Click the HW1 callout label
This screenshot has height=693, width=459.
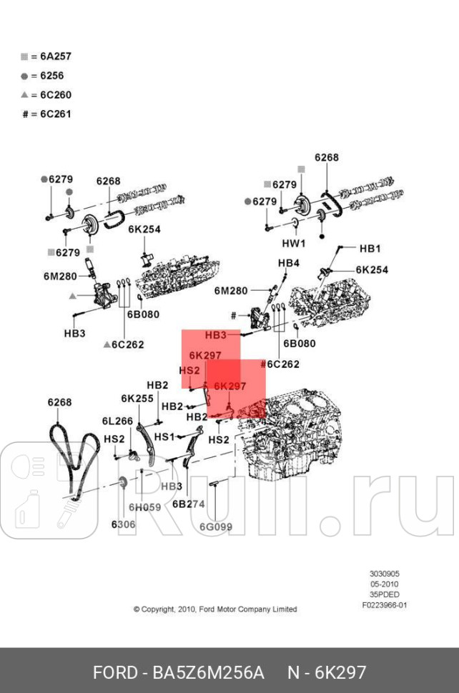tap(294, 244)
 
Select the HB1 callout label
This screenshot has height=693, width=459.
tap(370, 249)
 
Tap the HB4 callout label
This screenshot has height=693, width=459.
tap(288, 263)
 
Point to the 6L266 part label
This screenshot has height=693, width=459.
tap(117, 422)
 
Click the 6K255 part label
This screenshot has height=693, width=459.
tap(137, 399)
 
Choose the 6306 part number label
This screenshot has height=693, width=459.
tap(123, 524)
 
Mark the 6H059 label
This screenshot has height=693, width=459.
tap(145, 507)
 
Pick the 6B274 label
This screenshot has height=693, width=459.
tap(189, 503)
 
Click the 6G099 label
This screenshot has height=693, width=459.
tap(216, 527)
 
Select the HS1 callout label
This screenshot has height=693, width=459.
tap(164, 437)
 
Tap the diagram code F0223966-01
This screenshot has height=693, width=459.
tap(385, 605)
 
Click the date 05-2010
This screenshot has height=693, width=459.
tap(385, 584)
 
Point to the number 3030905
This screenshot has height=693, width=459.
tap(385, 573)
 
